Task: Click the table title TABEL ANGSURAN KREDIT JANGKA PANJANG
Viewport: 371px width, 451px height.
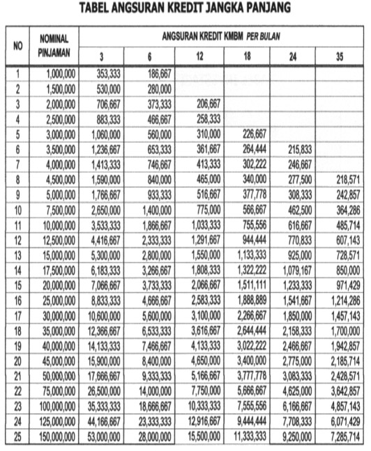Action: (x=184, y=8)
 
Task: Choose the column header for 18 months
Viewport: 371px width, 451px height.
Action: (x=248, y=56)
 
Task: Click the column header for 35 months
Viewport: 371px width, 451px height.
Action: (x=339, y=56)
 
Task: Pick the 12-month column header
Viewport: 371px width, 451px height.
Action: (x=199, y=56)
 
